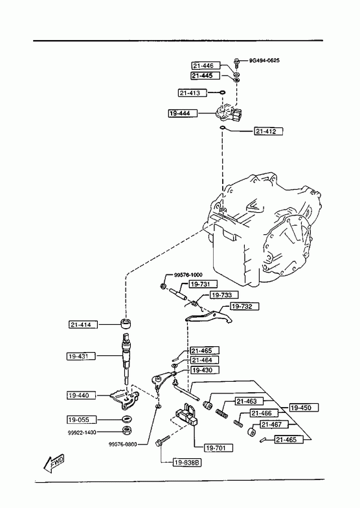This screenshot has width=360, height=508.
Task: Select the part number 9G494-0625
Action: click(264, 61)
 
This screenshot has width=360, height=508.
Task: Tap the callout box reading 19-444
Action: click(183, 113)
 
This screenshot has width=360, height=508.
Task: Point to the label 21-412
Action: click(268, 131)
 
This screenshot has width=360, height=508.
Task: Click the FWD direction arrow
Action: click(54, 463)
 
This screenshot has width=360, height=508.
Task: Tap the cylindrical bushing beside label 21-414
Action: click(126, 324)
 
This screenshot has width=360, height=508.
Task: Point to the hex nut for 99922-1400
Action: click(127, 430)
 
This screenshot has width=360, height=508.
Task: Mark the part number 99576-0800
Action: click(122, 445)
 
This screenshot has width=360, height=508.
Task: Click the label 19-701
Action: click(219, 448)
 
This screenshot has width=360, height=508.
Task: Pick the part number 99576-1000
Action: click(188, 275)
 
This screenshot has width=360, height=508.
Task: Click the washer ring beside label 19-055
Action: click(127, 419)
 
